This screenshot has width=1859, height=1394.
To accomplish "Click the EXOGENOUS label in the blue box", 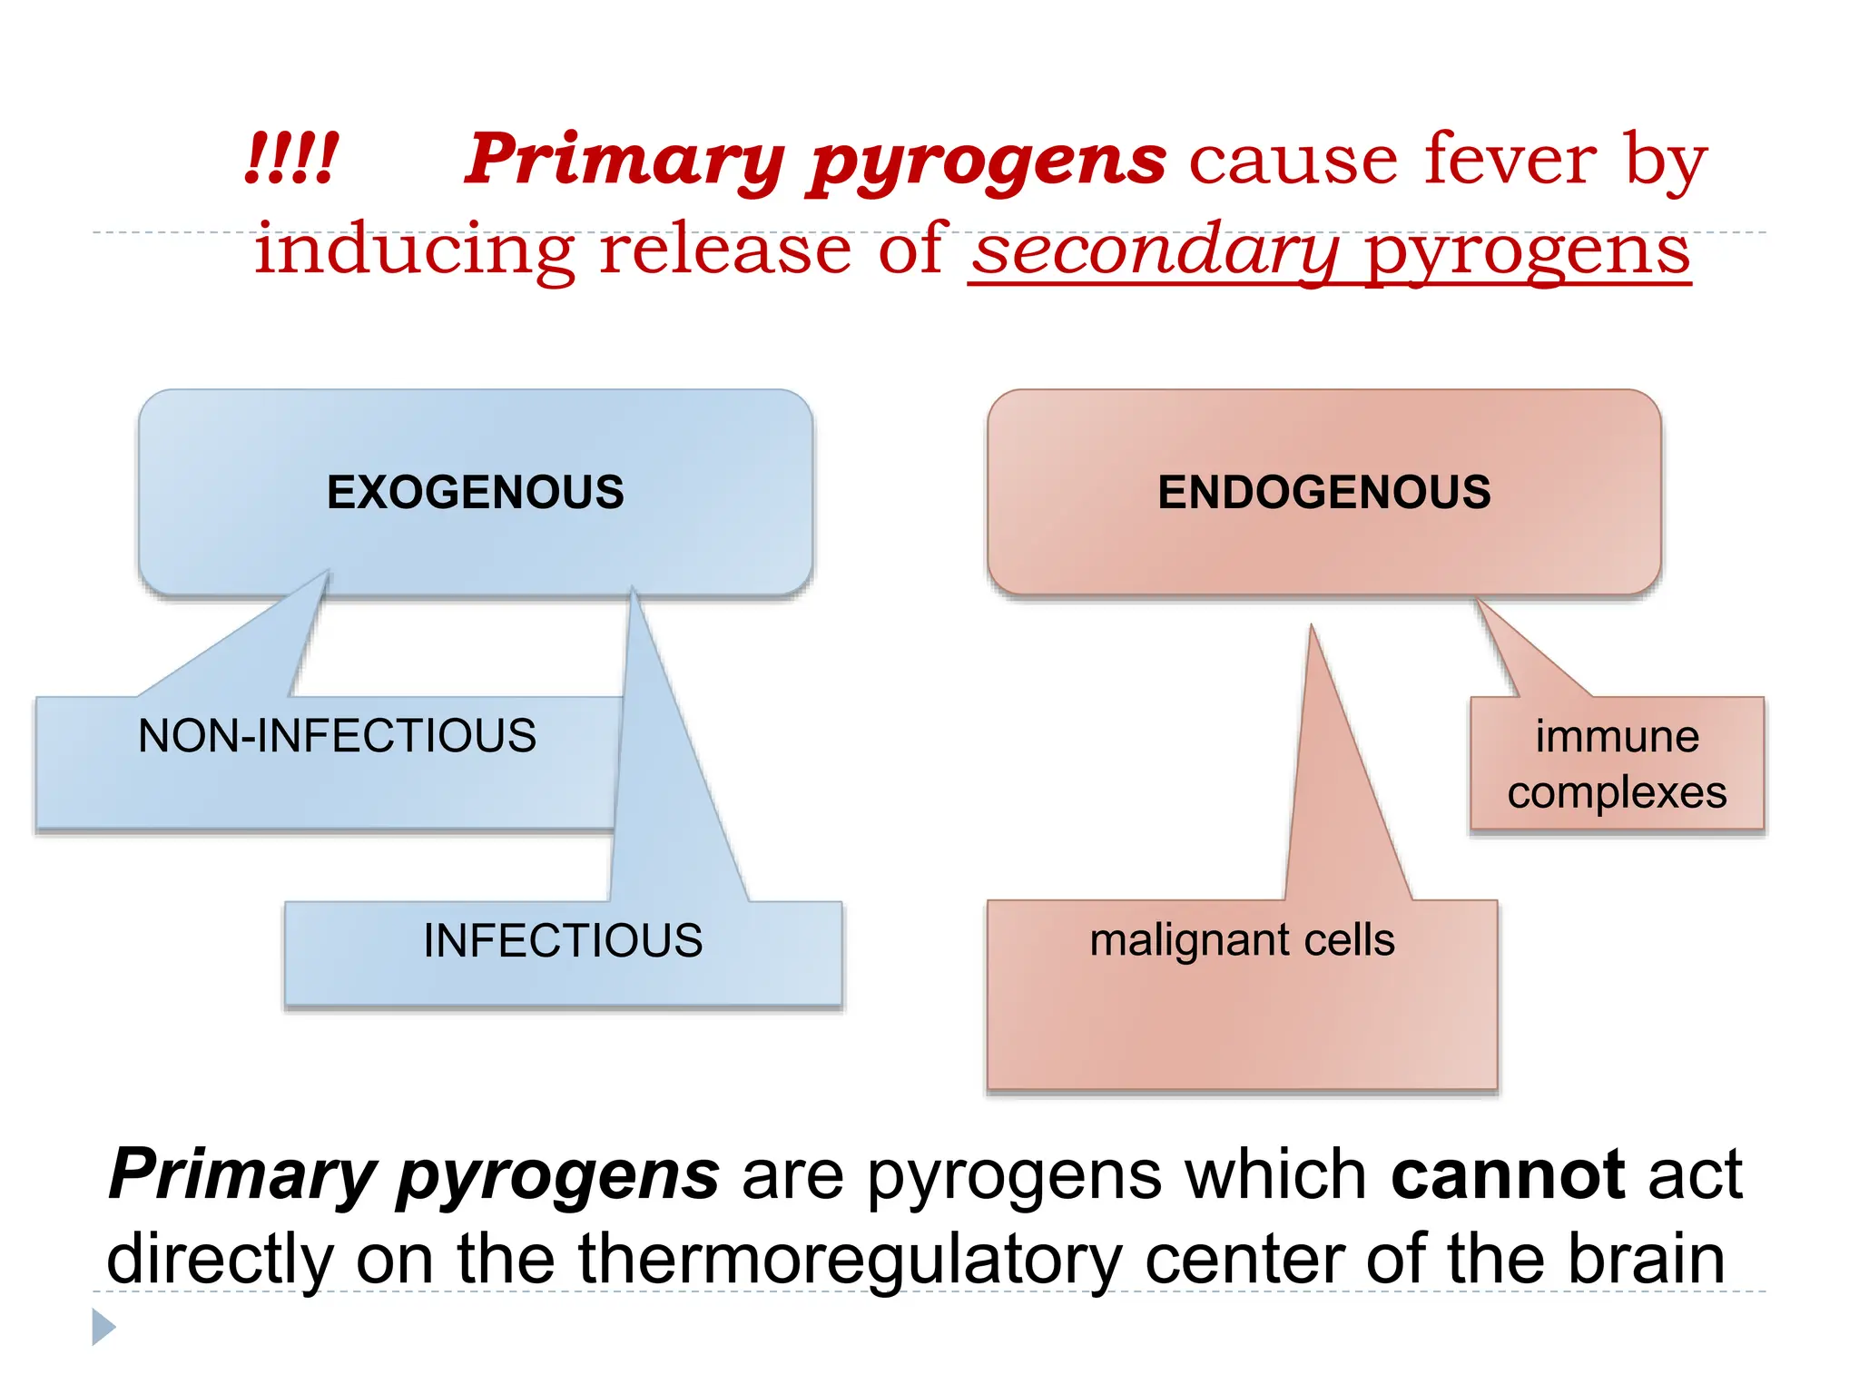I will (x=475, y=493).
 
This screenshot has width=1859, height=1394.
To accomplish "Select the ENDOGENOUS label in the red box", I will (x=1323, y=493).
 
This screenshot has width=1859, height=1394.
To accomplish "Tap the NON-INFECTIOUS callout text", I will (x=337, y=736).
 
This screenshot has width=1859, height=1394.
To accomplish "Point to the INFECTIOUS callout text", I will (x=563, y=941).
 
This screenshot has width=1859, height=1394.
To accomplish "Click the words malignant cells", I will (x=1242, y=940).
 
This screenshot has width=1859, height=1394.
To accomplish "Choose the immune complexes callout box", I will (x=1617, y=764).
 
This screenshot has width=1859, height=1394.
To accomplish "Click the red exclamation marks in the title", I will (x=291, y=160).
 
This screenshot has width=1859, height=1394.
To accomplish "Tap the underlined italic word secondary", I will (x=1155, y=250).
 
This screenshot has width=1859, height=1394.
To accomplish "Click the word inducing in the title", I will (x=413, y=250).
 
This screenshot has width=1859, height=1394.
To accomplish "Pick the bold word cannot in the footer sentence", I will (x=1508, y=1174).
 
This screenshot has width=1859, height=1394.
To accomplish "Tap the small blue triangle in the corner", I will (x=103, y=1327).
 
